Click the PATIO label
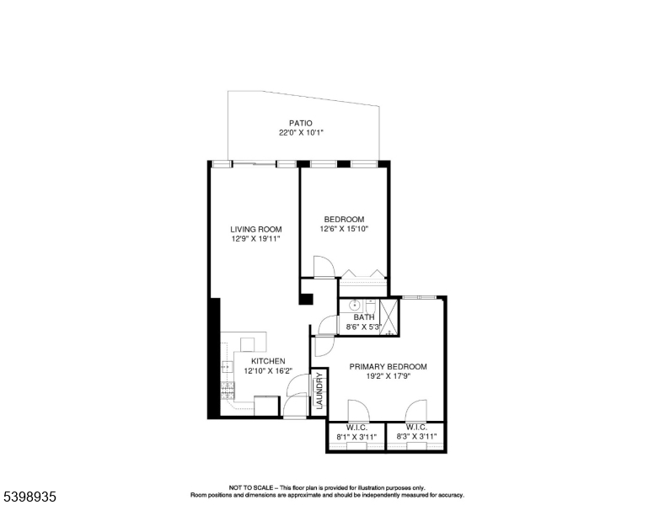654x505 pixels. (301, 123)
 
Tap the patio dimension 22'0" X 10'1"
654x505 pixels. (301, 133)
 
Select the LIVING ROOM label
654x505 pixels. (256, 229)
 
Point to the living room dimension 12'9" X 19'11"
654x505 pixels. (256, 239)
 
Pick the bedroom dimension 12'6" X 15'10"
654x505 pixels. (343, 229)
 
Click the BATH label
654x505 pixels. (364, 317)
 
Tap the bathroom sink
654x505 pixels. (355, 305)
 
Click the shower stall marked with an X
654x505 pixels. (389, 316)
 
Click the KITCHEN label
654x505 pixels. (267, 361)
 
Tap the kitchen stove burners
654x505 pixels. (226, 390)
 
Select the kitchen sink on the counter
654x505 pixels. (226, 367)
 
